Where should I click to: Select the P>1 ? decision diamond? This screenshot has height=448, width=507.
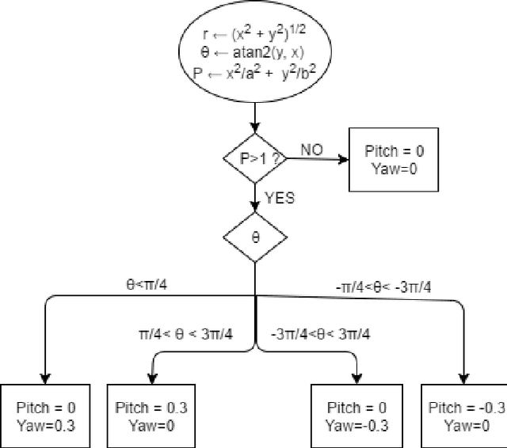click(253, 159)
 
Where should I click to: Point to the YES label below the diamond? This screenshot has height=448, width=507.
click(279, 198)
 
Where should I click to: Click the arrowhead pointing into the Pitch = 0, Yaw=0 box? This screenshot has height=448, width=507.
click(343, 159)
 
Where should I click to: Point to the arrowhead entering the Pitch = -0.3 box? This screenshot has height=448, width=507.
click(463, 378)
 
